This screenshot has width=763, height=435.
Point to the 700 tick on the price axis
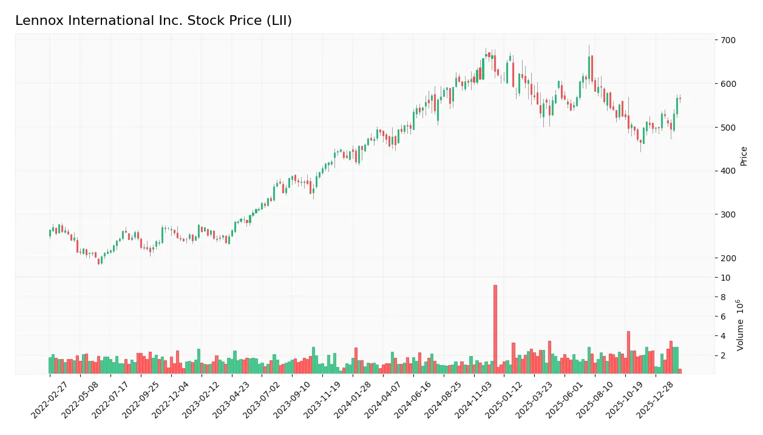pos(728,40)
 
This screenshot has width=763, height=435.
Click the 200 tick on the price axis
pos(728,258)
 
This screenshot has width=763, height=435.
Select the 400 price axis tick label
pos(728,171)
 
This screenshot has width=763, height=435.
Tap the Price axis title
pos(744,156)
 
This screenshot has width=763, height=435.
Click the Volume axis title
pos(741,325)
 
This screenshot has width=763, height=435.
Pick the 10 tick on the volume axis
pos(726,278)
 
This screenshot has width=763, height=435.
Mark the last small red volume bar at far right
pos(680,371)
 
